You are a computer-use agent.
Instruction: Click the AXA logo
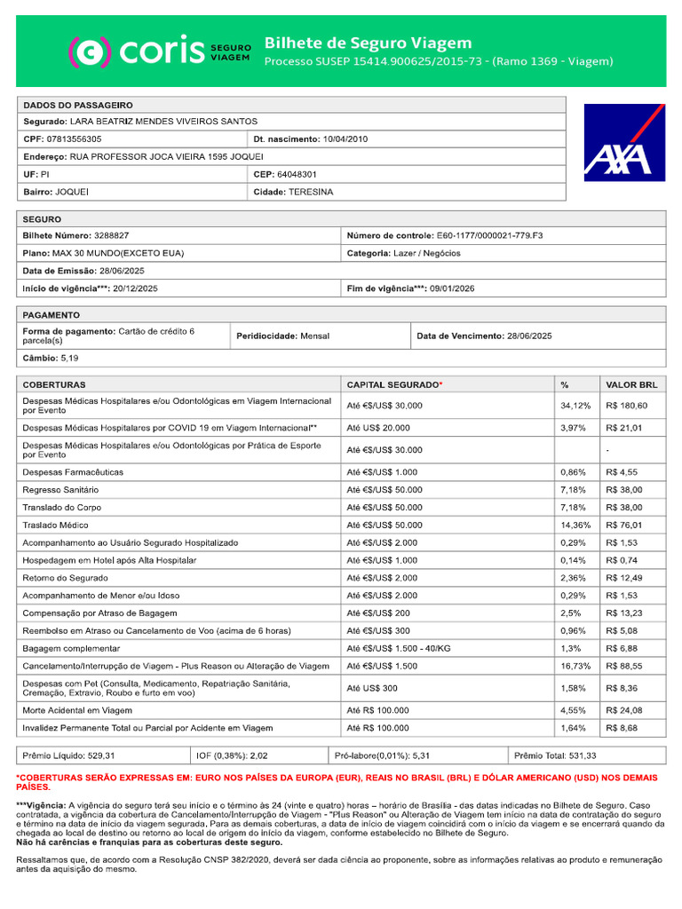pyautogui.click(x=623, y=143)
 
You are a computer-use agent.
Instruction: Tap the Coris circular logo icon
pyautogui.click(x=90, y=51)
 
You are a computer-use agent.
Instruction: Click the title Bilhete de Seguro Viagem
pyautogui.click(x=368, y=43)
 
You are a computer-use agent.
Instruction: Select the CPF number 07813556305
pyautogui.click(x=74, y=138)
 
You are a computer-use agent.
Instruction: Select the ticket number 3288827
pyautogui.click(x=111, y=235)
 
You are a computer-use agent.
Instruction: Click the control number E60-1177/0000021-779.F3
pyautogui.click(x=489, y=235)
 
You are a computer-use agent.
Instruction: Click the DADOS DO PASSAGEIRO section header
pyautogui.click(x=77, y=104)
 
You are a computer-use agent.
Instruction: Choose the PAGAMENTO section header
pyautogui.click(x=52, y=314)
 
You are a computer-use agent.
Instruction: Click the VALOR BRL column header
pyautogui.click(x=631, y=384)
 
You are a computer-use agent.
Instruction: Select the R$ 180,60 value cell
pyautogui.click(x=626, y=406)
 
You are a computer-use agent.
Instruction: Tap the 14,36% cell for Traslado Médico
pyautogui.click(x=575, y=525)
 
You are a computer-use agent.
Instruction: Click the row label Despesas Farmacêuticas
pyautogui.click(x=73, y=472)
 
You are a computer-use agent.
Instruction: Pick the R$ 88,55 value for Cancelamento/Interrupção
pyautogui.click(x=626, y=666)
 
